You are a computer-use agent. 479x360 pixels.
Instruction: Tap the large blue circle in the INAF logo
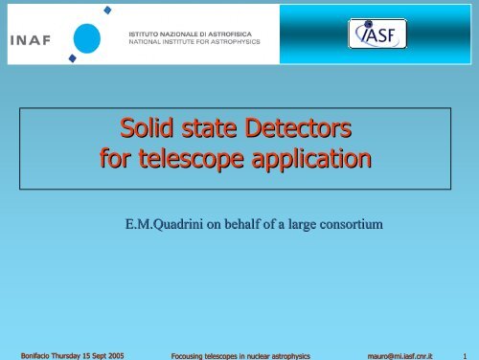(x=85, y=38)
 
